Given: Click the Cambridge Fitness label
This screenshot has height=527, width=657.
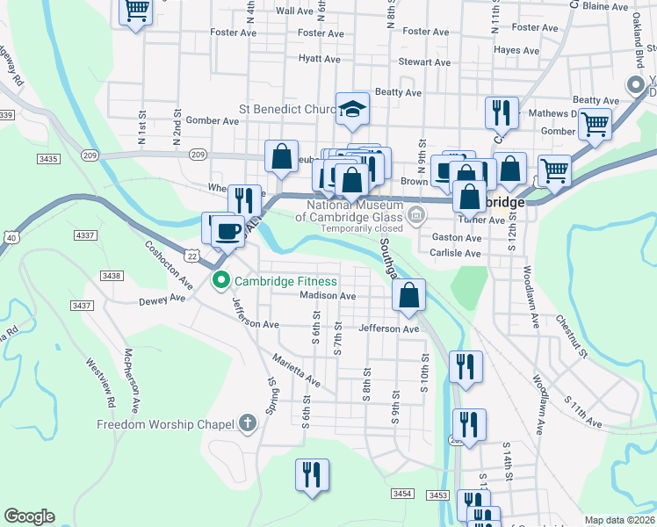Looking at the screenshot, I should pos(285,281).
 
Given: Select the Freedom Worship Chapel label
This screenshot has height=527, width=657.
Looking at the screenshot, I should pos(166,424).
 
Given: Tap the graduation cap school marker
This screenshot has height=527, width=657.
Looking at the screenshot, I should pos(352,108).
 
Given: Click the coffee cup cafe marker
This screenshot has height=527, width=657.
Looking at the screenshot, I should pos(227,231).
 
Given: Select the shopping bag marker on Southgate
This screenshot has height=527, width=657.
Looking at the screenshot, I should pos(409,295).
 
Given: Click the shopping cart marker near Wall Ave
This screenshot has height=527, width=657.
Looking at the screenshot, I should pos(135,11).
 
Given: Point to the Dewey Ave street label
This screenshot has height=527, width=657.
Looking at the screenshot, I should pos(162,300).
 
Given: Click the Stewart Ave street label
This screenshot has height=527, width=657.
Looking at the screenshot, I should pos(424,62).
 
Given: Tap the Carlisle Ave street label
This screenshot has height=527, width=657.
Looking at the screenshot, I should pos(455,253).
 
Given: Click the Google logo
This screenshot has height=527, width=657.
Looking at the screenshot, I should pos(29,516).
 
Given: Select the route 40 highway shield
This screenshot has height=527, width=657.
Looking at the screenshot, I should pos(11,237).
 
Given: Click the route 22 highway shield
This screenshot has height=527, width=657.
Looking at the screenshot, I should pos(191,255).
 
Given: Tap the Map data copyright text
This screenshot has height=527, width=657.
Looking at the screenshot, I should pos(619,520).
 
